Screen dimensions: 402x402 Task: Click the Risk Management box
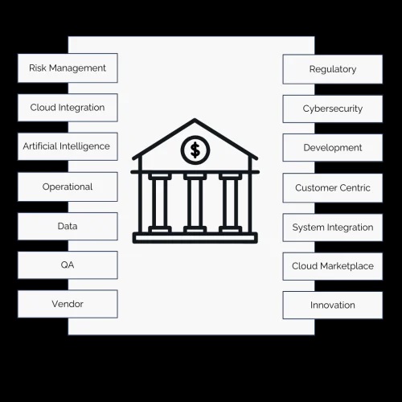pos(68,68)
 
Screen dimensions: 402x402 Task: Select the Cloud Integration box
pos(68,108)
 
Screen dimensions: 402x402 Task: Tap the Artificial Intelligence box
pos(68,146)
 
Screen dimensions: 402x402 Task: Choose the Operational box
pos(68,187)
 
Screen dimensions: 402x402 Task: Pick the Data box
pos(68,226)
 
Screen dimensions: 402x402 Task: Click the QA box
pos(68,265)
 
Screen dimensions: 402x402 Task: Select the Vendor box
pos(68,304)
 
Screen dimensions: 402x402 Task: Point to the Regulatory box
pos(333,69)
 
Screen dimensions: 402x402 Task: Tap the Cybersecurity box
pos(333,109)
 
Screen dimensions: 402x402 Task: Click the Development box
pos(333,148)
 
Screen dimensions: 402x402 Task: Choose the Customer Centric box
pos(333,188)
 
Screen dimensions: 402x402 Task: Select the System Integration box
pos(333,228)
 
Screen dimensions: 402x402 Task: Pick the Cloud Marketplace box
pos(333,266)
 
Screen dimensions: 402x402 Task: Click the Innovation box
pos(333,306)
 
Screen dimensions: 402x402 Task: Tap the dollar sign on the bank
pos(195,150)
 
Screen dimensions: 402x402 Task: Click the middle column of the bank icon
pos(195,203)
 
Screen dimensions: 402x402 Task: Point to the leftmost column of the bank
pos(160,203)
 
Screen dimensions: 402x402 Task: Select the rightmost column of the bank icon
pos(230,203)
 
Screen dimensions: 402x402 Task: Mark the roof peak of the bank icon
pos(195,120)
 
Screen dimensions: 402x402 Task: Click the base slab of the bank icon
pos(195,238)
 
